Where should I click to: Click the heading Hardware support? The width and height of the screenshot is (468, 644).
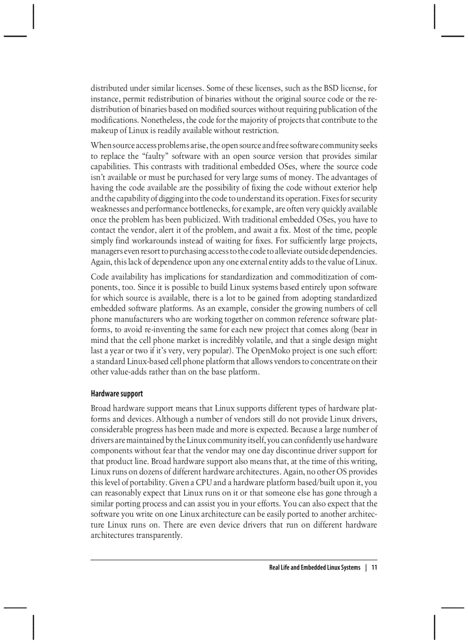(x=116, y=394)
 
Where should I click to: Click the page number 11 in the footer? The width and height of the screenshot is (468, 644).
(x=374, y=568)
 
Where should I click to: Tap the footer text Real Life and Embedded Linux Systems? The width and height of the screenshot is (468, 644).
(x=314, y=568)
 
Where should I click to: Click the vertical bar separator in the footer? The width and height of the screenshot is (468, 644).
(x=366, y=568)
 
